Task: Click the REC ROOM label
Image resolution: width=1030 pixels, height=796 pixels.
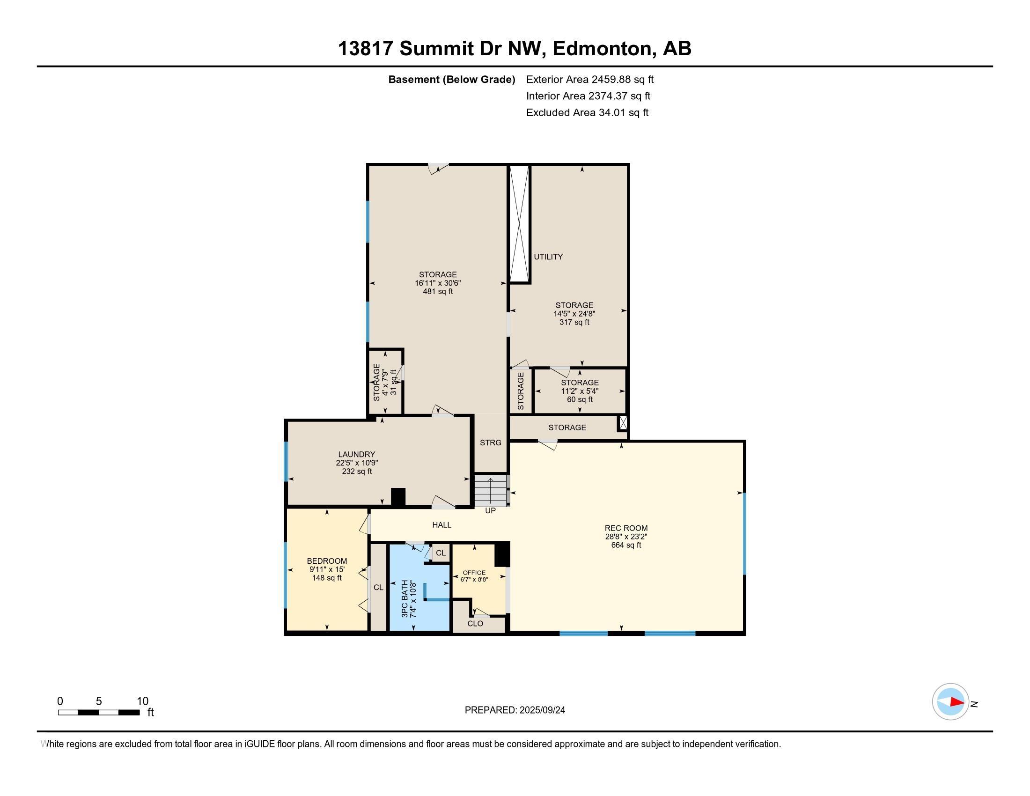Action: (x=626, y=528)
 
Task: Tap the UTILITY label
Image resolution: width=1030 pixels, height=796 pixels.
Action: (x=548, y=257)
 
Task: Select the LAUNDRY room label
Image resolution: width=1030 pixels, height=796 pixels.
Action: (x=357, y=454)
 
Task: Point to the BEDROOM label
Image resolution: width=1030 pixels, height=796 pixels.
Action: (x=327, y=560)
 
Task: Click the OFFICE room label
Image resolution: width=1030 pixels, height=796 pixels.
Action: (x=474, y=573)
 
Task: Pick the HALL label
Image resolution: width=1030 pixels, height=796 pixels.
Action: (x=442, y=524)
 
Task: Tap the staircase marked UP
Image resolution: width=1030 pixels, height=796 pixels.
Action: (x=492, y=490)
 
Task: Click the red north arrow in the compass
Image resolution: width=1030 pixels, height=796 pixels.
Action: (x=957, y=702)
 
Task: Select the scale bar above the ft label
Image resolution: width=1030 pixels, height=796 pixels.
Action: (x=99, y=712)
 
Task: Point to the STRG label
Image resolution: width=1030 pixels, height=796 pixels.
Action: (x=491, y=442)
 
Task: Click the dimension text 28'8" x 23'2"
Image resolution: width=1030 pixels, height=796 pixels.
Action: (x=626, y=537)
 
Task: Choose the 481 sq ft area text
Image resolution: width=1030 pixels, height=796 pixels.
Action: (x=438, y=291)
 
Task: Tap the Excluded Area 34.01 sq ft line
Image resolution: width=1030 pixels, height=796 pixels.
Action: (x=587, y=112)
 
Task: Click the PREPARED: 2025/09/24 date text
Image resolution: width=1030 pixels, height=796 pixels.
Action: (x=515, y=710)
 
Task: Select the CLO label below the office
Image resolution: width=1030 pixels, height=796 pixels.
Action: (x=475, y=623)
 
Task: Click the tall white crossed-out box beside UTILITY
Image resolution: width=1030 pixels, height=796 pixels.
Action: (x=520, y=223)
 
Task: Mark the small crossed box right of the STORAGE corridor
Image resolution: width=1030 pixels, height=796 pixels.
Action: (x=623, y=422)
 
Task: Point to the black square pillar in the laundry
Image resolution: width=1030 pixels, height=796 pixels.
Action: (x=398, y=497)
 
